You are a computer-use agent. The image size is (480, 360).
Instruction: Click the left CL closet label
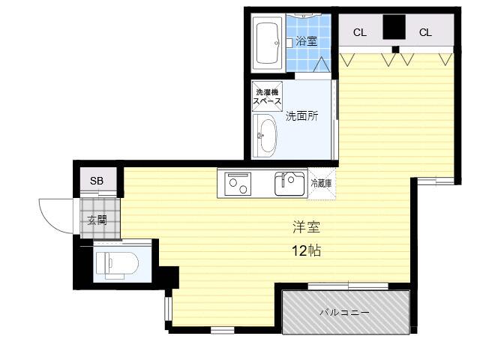click(360, 32)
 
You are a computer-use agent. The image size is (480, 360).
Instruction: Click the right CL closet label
click(425, 32)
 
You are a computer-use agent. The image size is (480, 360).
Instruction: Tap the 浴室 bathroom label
click(306, 41)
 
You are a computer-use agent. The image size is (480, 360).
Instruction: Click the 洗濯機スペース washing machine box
click(267, 97)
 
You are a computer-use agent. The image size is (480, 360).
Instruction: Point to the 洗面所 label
click(301, 116)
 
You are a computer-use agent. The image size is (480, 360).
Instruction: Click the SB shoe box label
click(97, 181)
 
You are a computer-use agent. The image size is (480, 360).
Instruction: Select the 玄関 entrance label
click(97, 220)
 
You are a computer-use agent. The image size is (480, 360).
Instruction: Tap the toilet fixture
click(117, 265)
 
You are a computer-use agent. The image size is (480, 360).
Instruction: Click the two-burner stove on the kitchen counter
click(238, 184)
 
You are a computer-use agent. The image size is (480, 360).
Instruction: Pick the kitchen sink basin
click(290, 184)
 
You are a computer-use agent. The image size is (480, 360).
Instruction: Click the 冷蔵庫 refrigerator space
click(322, 184)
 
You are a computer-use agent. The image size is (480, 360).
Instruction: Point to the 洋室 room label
click(307, 227)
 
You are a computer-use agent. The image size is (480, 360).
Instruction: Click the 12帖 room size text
click(307, 251)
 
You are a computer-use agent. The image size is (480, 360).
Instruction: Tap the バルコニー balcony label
click(345, 313)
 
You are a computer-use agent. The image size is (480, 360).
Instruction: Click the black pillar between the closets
click(394, 27)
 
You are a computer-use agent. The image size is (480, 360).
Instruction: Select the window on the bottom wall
click(223, 330)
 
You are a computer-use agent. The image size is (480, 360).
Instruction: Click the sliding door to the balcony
click(348, 286)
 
